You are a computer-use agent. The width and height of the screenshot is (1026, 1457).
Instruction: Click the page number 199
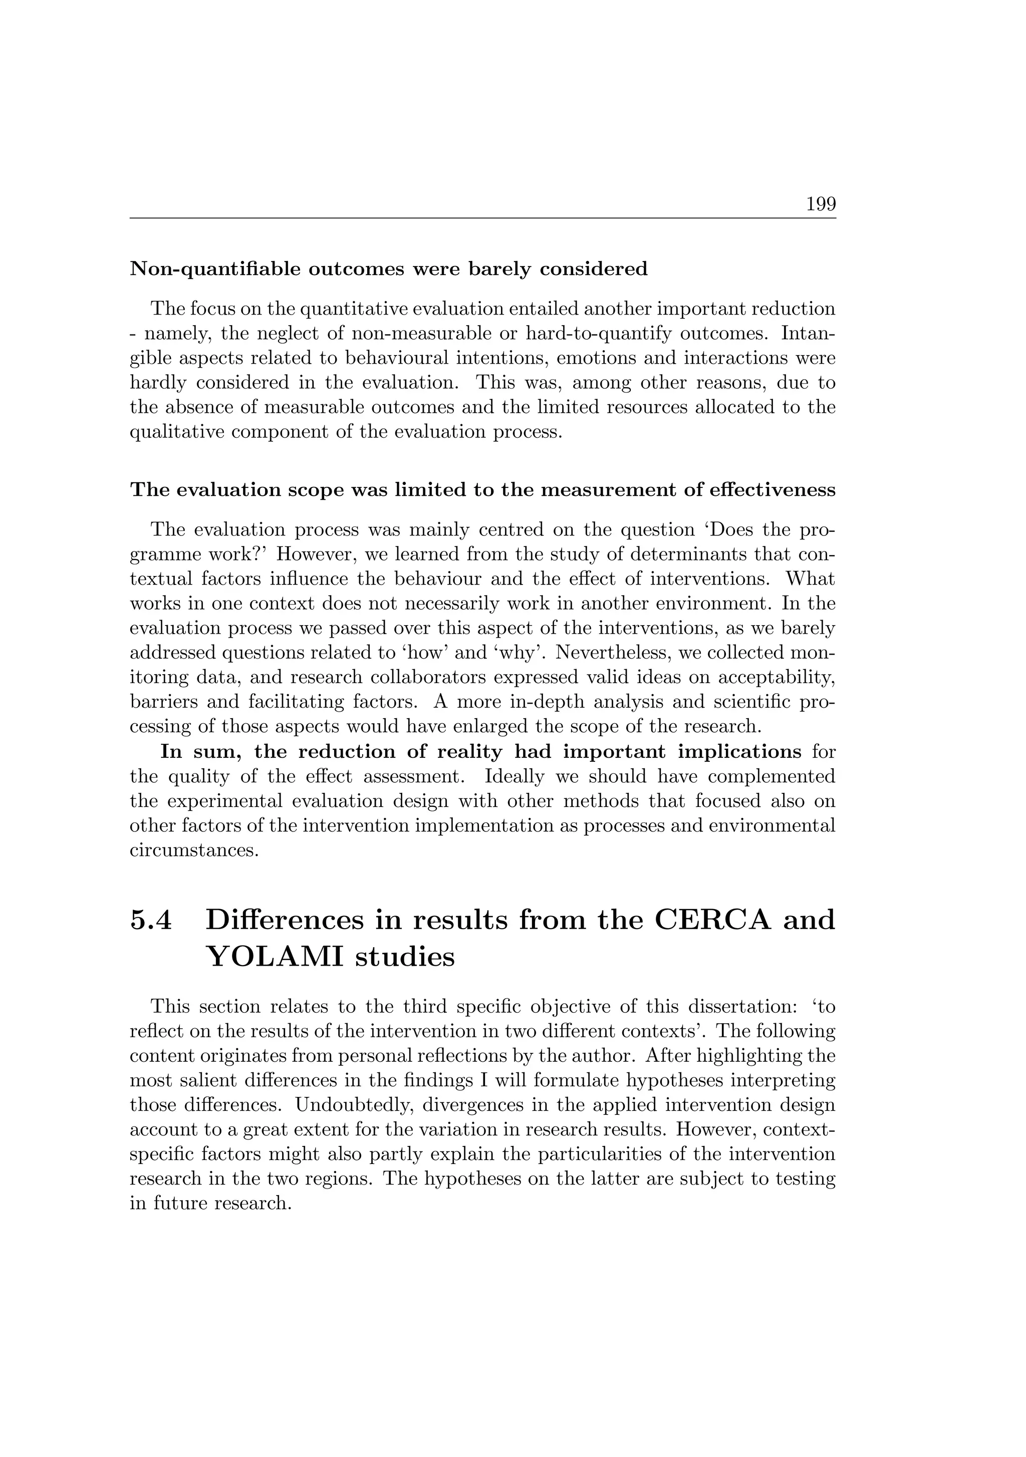point(821,204)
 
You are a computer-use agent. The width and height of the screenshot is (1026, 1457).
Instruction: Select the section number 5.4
point(151,920)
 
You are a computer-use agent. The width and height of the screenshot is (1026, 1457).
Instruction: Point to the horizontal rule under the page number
point(482,218)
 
